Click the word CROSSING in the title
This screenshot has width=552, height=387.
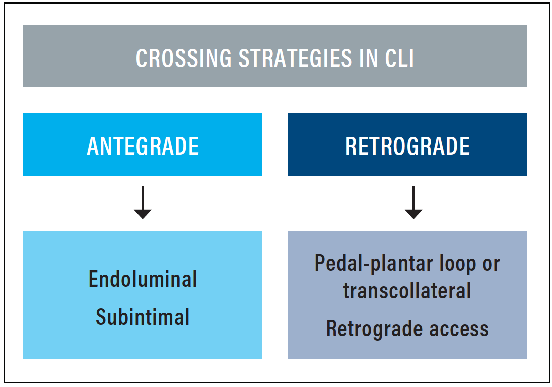click(184, 58)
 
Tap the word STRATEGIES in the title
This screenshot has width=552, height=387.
click(296, 58)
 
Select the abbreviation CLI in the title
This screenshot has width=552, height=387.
click(399, 58)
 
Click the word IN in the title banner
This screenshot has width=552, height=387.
click(369, 58)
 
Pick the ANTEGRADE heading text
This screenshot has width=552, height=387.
click(143, 146)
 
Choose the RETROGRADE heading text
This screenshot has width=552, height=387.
click(407, 146)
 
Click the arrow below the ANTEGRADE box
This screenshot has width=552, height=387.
click(143, 203)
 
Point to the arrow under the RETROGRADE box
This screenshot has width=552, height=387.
click(413, 203)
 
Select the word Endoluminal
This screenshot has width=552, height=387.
click(143, 279)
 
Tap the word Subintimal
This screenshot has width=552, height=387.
click(143, 317)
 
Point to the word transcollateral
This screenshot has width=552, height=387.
click(407, 291)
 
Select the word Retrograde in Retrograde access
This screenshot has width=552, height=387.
click(374, 329)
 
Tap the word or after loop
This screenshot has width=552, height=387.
click(491, 265)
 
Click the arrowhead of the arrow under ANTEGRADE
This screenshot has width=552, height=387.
click(143, 214)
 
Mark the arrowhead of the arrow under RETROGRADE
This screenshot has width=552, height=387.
click(413, 214)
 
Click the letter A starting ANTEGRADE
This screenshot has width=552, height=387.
click(93, 146)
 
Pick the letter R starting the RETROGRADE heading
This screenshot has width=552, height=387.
click(351, 146)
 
